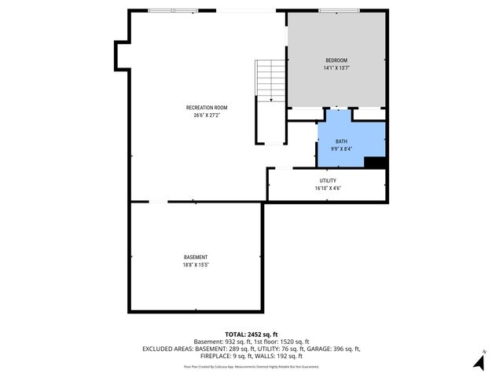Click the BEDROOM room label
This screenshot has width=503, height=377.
click(x=336, y=60)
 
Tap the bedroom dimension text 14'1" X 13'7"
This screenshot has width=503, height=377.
click(x=336, y=68)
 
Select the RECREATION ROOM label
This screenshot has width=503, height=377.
click(x=207, y=107)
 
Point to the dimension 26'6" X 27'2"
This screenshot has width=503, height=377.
click(x=207, y=115)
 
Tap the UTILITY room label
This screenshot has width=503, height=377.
click(x=328, y=181)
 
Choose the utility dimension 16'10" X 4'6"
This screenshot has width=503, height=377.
click(x=328, y=188)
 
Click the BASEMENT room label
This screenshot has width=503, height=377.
click(x=196, y=257)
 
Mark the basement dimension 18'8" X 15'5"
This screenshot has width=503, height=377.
click(x=196, y=265)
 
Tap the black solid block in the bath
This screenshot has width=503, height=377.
click(x=376, y=163)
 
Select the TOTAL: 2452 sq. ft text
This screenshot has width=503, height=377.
click(x=251, y=334)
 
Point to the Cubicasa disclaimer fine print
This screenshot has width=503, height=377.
click(x=251, y=366)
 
